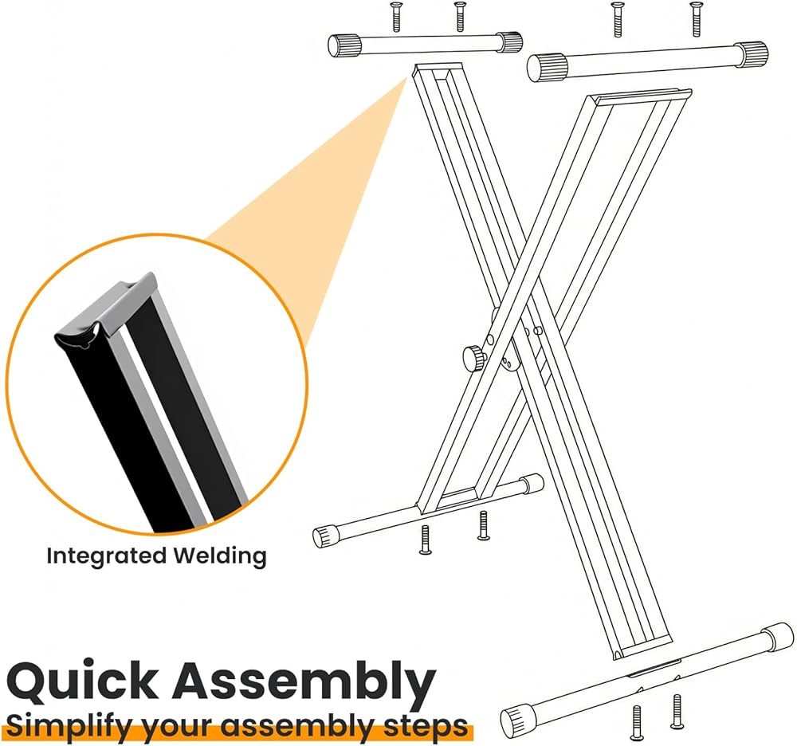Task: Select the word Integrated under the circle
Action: (107, 556)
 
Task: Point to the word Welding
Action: (220, 556)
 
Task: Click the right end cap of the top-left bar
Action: (508, 41)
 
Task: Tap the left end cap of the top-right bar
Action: (548, 66)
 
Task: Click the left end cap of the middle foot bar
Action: (325, 536)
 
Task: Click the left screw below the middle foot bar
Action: (426, 540)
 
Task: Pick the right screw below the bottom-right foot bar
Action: (677, 710)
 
